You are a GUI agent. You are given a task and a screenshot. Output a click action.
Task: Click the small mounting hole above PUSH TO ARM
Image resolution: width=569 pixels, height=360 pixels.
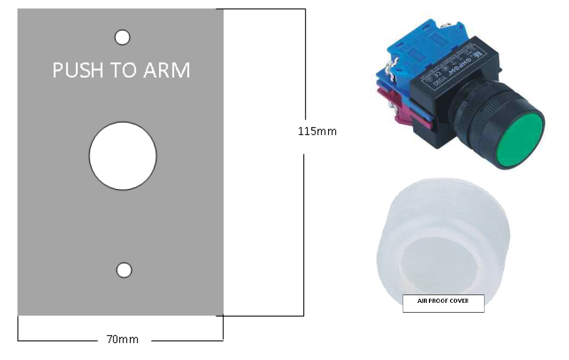(x=123, y=37)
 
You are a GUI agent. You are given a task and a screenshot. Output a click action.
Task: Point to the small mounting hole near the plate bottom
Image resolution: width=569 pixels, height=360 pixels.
(x=124, y=270)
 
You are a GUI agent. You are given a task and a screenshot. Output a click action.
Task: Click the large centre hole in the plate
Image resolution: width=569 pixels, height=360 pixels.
(x=123, y=156)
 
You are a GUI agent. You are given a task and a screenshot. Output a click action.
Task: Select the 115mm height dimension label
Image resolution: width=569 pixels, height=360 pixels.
(x=317, y=131)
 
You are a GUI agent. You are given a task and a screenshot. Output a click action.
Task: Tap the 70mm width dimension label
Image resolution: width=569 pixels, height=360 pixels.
(x=122, y=339)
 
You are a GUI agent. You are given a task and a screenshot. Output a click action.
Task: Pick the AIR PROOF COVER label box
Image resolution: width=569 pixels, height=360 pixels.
(x=443, y=303)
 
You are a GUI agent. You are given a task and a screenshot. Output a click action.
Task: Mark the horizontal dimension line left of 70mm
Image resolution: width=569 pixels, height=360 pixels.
(x=57, y=340)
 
